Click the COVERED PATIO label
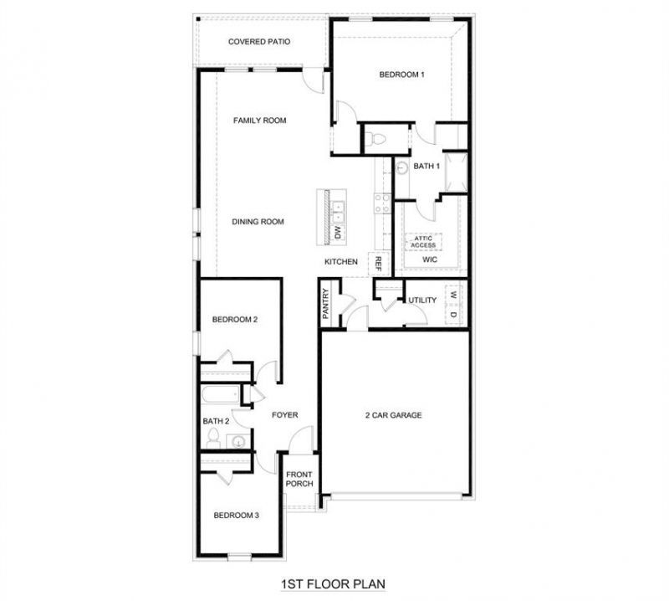tap(259, 42)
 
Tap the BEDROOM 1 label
tap(401, 74)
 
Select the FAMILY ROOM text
tap(259, 121)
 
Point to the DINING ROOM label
tap(258, 222)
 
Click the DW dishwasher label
tap(338, 233)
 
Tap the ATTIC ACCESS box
tap(423, 242)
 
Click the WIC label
tap(430, 259)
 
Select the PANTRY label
tap(326, 304)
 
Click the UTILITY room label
tap(422, 300)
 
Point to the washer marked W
tap(453, 295)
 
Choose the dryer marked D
tap(453, 315)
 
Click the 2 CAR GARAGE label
tap(393, 415)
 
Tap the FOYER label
tap(285, 415)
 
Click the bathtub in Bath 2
tap(221, 395)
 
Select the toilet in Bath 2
tap(213, 439)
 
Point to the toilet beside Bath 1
tap(375, 138)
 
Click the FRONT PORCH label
tap(299, 480)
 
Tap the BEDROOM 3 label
tap(237, 516)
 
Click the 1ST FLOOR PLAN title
tap(333, 584)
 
